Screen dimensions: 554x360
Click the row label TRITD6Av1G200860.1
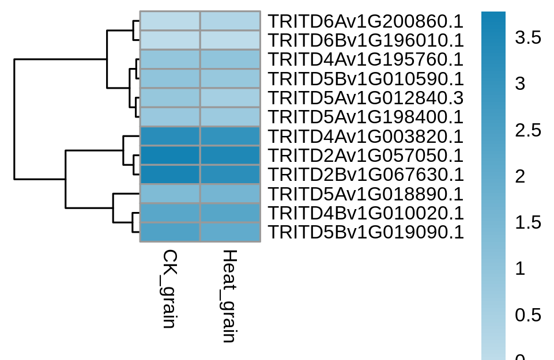[x=365, y=21]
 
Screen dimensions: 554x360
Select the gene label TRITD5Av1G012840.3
[x=365, y=98]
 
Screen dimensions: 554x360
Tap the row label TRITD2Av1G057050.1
[x=365, y=156]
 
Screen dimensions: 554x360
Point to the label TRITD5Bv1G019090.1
[x=365, y=232]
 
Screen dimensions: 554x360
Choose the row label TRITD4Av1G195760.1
[x=365, y=60]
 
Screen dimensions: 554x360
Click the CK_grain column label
[x=169, y=289]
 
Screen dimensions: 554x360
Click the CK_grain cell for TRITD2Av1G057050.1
[x=170, y=156]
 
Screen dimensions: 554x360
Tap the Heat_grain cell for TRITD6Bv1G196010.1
[x=231, y=40]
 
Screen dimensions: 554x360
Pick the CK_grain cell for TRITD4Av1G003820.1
[x=170, y=137]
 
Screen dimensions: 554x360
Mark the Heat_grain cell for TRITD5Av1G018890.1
[x=231, y=194]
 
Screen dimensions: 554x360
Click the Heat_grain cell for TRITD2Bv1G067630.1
[x=231, y=175]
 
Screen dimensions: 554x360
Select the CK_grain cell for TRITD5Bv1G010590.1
[x=170, y=79]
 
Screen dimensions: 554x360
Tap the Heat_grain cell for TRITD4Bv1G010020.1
[x=231, y=213]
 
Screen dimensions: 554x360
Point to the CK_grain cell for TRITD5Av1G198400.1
[x=170, y=117]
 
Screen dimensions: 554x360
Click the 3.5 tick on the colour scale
[x=528, y=37]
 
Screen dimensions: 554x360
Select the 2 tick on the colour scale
[x=520, y=176]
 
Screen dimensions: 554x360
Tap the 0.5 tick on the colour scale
[x=528, y=315]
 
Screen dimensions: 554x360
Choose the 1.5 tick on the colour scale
[x=528, y=223]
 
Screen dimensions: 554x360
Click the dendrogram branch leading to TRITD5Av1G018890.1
[x=126, y=194]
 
